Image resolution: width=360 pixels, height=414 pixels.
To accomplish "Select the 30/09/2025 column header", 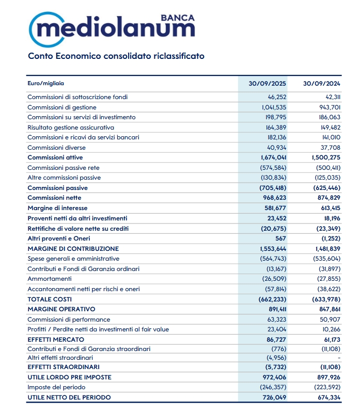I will pos(267,84).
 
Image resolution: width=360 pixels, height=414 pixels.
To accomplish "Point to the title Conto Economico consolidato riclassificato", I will pos(116,56).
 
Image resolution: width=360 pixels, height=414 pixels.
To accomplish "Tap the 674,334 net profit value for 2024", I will pos(327,397).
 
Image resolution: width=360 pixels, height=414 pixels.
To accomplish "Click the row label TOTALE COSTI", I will pos(50,299).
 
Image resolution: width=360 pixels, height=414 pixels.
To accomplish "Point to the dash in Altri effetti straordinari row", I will pos(338,357).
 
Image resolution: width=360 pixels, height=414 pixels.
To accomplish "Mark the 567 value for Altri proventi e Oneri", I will pos(280,238).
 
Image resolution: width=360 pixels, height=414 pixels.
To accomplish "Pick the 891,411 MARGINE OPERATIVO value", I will pos(275,309).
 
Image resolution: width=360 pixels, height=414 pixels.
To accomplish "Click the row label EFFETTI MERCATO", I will pos(55,340).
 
